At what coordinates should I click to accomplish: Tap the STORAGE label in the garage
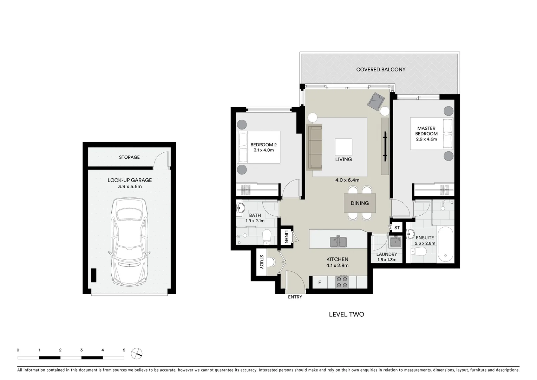click(x=129, y=157)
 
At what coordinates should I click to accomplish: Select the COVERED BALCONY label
click(x=381, y=70)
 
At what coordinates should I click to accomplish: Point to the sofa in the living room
click(x=314, y=146)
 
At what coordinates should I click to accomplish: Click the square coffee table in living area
click(x=343, y=147)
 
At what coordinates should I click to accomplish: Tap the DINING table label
click(x=360, y=203)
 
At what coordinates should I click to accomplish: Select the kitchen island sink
click(x=338, y=242)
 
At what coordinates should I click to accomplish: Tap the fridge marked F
click(x=320, y=282)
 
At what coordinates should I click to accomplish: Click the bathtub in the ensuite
click(x=445, y=245)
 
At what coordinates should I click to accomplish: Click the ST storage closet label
click(x=397, y=228)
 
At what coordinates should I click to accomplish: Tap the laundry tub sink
click(x=396, y=242)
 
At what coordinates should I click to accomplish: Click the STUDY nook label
click(x=261, y=262)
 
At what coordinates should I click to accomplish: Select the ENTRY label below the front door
click(x=295, y=297)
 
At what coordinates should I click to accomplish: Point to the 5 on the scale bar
click(x=124, y=350)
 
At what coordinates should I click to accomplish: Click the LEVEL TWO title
click(x=346, y=315)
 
